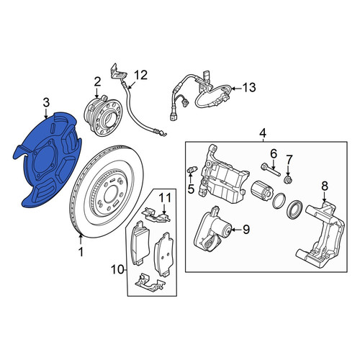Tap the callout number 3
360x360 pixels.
click(46, 103)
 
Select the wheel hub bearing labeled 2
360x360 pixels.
click(103, 116)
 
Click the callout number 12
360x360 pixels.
click(140, 75)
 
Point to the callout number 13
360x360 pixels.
click(249, 87)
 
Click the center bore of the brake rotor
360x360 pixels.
click(111, 192)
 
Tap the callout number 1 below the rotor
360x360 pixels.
click(81, 252)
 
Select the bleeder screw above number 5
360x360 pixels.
click(192, 170)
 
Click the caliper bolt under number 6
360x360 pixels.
click(270, 169)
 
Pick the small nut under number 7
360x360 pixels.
click(287, 179)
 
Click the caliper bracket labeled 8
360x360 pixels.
click(321, 233)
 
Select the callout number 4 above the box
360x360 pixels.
click(263, 132)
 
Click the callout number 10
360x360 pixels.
click(118, 270)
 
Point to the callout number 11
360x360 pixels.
click(166, 198)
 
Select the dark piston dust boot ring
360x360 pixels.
click(295, 210)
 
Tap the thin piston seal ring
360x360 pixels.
click(279, 201)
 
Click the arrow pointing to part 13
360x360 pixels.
click(236, 89)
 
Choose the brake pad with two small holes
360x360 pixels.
click(162, 255)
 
